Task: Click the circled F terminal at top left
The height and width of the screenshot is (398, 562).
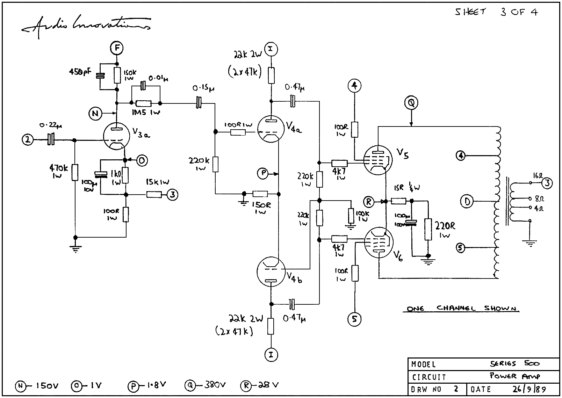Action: [117, 48]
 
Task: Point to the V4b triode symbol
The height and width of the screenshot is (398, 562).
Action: [271, 272]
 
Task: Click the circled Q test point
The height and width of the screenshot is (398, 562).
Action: [411, 103]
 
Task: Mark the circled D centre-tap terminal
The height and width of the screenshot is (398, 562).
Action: [467, 201]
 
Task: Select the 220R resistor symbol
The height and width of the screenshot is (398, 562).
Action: [428, 230]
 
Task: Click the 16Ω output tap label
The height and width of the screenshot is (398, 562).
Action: [538, 175]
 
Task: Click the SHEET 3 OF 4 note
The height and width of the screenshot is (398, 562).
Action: [496, 12]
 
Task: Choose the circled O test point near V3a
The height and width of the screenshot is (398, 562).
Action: [142, 160]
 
